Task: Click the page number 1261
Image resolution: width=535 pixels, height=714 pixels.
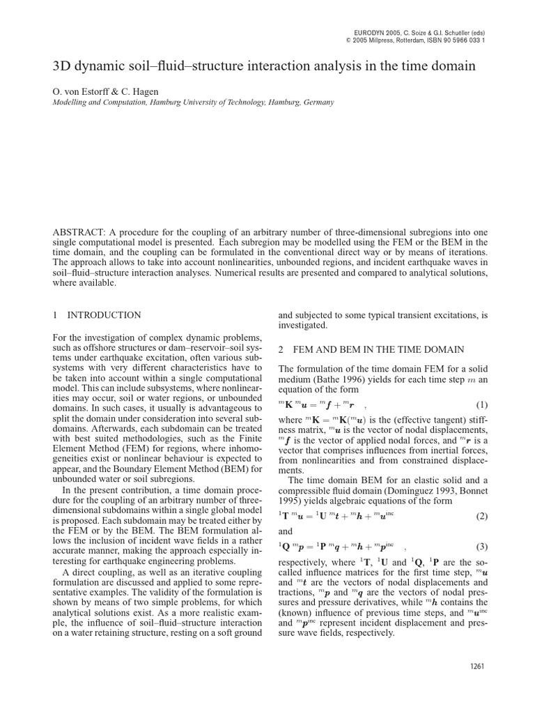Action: point(477,666)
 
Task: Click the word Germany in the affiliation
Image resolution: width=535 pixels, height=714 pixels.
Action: point(318,102)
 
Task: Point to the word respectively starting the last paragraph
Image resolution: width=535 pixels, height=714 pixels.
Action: point(305,563)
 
